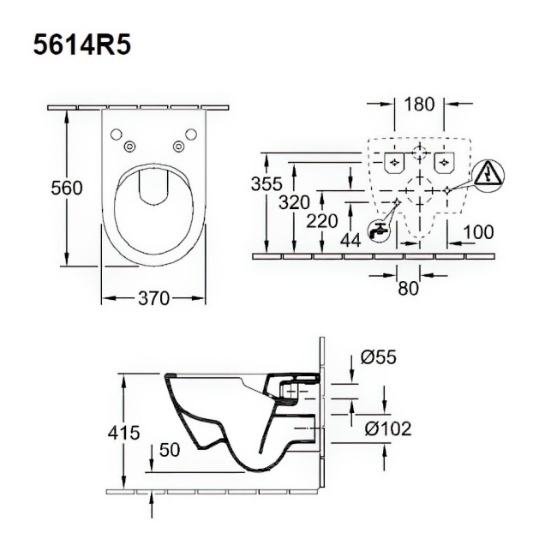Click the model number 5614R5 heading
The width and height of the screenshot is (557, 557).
click(82, 45)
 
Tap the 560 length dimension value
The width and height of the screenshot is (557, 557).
click(67, 188)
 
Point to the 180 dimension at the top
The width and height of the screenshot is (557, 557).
click(419, 104)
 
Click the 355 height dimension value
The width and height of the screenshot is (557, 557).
click(267, 183)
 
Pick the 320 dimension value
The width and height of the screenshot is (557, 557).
click(294, 202)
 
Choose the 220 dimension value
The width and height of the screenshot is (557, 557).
click(322, 221)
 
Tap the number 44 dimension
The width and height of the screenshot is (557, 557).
click(350, 241)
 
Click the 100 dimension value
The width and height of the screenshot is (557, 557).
click(478, 232)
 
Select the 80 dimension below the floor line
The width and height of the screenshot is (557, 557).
click(408, 289)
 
